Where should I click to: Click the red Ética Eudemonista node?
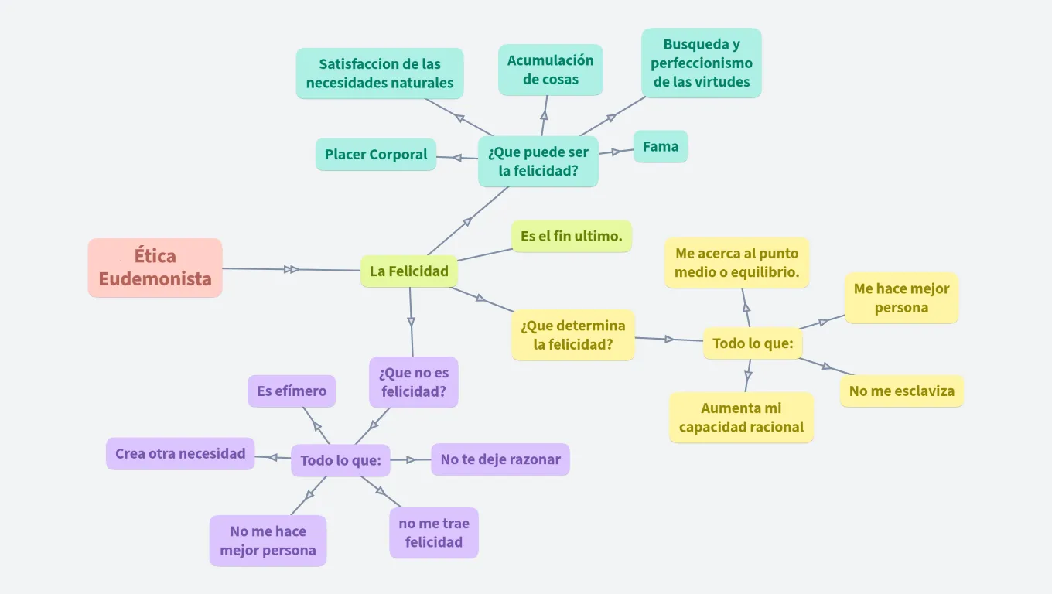155,268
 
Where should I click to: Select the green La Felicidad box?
408,271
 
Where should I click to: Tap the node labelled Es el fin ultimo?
571,237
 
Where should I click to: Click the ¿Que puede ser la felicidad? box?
538,162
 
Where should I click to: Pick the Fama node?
660,146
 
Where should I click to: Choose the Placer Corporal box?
375,155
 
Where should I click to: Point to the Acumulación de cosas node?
550,70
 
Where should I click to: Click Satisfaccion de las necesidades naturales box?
379,73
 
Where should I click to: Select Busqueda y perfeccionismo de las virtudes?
701,63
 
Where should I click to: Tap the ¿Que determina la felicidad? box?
572,335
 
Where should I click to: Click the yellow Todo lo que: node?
752,343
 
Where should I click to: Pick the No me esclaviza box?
901,391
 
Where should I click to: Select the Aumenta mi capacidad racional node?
741,418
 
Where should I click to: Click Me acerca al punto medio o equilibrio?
736,263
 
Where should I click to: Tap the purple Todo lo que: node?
340,460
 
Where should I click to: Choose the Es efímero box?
292,391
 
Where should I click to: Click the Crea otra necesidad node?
179,454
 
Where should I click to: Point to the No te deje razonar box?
500,459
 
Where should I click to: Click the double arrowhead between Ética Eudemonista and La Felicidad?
292,269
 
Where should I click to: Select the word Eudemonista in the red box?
155,279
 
